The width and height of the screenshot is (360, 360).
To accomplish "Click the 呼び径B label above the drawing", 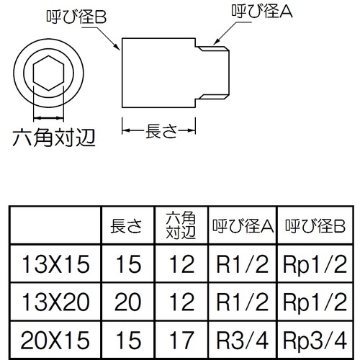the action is [76, 17].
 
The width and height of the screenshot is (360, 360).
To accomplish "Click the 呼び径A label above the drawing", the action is [262, 11].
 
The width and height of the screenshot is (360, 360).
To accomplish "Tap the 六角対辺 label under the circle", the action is [54, 138].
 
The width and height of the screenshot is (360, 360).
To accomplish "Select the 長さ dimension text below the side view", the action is [161, 131].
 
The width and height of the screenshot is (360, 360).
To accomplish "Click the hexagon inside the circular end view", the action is [49, 73].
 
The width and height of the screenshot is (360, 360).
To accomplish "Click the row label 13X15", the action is [55, 264].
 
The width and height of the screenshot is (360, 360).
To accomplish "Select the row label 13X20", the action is [55, 302].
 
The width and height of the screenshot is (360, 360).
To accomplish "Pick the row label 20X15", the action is [55, 340].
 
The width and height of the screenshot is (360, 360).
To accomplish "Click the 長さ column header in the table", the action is [126, 226].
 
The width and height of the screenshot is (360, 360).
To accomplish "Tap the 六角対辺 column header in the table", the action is [181, 225].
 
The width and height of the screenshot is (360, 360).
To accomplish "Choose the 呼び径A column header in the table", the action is [243, 226].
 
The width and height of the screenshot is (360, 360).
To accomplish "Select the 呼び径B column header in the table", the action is [315, 226].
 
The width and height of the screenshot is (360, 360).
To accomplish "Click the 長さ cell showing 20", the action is [127, 302].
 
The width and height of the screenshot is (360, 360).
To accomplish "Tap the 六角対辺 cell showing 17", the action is [181, 340].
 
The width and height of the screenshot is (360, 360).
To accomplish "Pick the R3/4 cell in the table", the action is [243, 340].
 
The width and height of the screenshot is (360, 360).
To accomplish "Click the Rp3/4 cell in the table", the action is [315, 341].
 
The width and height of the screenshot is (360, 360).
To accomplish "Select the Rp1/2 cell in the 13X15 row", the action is [315, 265].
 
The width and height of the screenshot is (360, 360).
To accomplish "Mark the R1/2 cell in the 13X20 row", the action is [243, 302].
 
